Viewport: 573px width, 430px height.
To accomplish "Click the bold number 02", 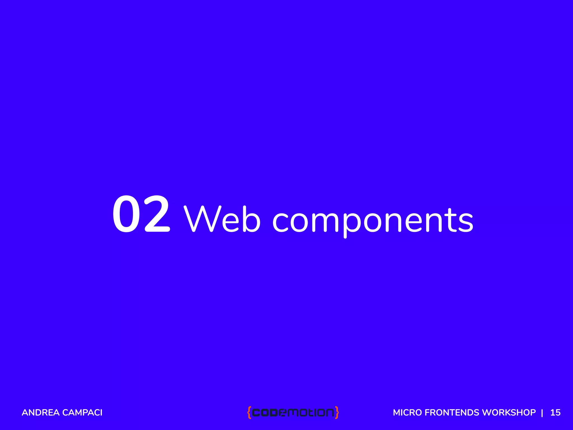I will click(x=141, y=214).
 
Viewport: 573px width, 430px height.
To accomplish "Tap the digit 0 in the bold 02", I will click(x=127, y=214).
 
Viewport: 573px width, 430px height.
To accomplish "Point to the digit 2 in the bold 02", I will click(x=156, y=214).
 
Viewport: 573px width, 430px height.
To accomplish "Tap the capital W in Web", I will click(x=203, y=219).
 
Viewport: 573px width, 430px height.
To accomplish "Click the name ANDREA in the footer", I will click(x=41, y=413).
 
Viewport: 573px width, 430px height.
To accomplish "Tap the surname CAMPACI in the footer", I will click(x=82, y=413).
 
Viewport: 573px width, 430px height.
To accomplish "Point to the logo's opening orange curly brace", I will click(x=249, y=413).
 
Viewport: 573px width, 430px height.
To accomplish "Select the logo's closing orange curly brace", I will click(x=337, y=413).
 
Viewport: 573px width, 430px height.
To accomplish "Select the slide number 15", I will click(x=555, y=413).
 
